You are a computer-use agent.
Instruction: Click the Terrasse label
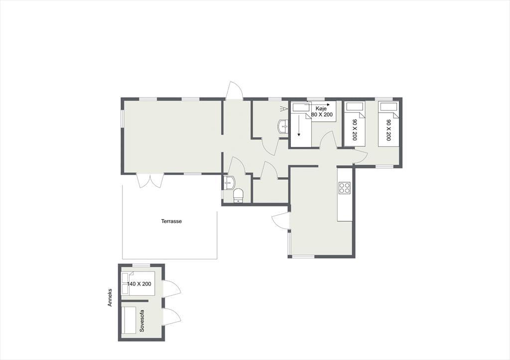(x=171, y=221)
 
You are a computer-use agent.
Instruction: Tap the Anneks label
(x=110, y=297)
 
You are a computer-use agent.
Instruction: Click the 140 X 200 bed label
(x=139, y=284)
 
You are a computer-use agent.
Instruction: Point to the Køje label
(x=321, y=109)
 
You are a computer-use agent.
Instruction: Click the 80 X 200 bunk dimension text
(x=322, y=115)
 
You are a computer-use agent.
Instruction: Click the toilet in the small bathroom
(x=238, y=196)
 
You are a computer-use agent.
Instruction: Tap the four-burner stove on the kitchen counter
(x=345, y=187)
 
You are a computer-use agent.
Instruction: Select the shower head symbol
(x=284, y=108)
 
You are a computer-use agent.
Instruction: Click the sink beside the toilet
(x=229, y=183)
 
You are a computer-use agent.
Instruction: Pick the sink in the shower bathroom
(x=283, y=126)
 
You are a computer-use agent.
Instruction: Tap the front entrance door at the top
(x=235, y=90)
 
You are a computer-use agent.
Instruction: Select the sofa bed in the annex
(x=129, y=320)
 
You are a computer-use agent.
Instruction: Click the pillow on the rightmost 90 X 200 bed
(x=388, y=107)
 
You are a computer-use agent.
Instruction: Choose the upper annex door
(x=172, y=288)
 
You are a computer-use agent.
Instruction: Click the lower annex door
(x=172, y=316)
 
